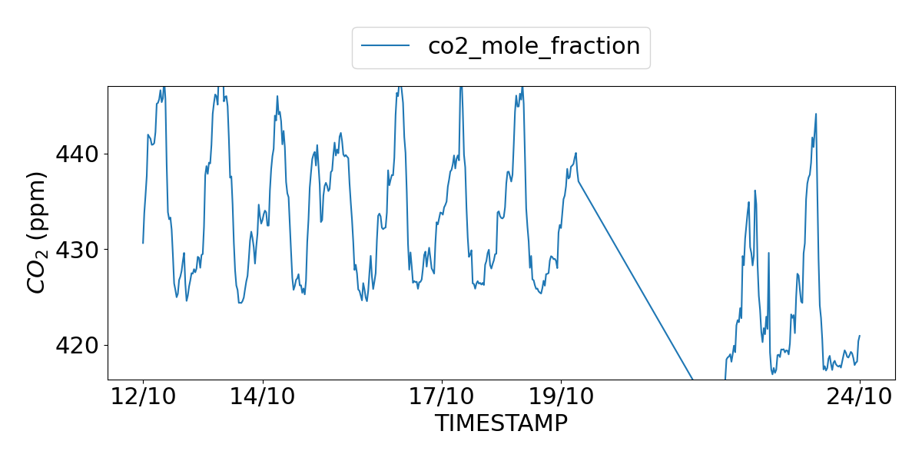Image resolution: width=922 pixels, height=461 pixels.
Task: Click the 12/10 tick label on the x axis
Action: (143, 397)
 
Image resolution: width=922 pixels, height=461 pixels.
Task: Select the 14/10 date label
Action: (263, 397)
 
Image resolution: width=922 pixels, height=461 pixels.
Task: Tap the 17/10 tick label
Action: (442, 397)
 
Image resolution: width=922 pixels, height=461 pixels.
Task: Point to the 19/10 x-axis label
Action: (562, 397)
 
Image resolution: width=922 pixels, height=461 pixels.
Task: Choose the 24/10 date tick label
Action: (859, 397)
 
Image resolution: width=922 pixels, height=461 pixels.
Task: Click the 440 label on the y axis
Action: (78, 154)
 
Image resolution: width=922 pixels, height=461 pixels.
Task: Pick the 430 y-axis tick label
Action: (78, 250)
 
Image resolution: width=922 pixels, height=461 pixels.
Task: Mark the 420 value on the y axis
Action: (78, 345)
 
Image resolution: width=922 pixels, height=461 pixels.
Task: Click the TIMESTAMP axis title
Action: (501, 423)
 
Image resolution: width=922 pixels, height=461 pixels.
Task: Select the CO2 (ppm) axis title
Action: (38, 232)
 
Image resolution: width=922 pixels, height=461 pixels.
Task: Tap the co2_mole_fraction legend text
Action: (533, 46)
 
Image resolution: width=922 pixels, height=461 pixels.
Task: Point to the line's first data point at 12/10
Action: (143, 243)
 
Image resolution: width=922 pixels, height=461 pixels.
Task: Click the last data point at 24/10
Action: (860, 336)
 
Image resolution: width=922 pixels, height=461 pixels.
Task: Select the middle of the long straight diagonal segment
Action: (635, 280)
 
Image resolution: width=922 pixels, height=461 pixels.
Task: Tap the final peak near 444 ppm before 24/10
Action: (816, 114)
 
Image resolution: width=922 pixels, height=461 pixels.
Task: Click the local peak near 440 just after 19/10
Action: (575, 153)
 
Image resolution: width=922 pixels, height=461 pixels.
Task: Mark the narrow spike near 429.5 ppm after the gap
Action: (768, 253)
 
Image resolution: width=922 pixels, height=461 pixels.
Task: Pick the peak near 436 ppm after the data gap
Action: (755, 191)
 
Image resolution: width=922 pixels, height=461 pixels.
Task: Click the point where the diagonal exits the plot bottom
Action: (693, 379)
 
